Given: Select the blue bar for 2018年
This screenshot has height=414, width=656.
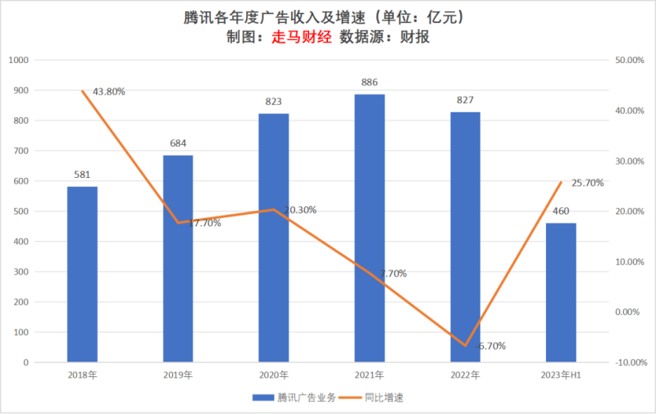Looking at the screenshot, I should click(x=82, y=275).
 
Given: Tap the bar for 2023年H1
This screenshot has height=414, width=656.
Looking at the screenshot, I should click(x=562, y=293).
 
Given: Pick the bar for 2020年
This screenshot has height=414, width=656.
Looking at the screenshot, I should click(x=274, y=238).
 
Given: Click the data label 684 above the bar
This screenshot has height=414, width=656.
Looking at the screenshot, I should click(x=178, y=143).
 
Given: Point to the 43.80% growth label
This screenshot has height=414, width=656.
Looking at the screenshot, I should click(x=109, y=92).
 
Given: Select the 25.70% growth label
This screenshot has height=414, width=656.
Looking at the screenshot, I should click(x=586, y=183).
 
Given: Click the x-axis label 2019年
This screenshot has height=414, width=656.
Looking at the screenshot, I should click(x=178, y=375).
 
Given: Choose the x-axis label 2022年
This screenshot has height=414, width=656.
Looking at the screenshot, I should click(x=466, y=375).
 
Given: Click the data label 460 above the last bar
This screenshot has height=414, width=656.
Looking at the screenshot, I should click(x=562, y=212).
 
